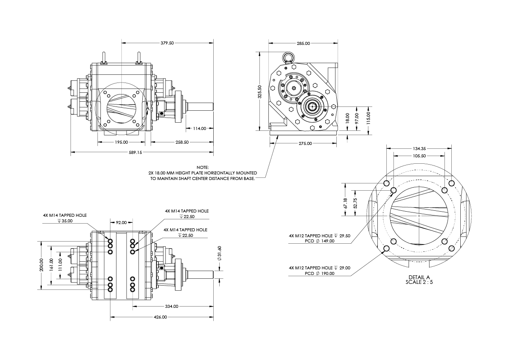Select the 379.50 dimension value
coord(168,43)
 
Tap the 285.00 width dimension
coord(303,43)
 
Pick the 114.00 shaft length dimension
coord(200,128)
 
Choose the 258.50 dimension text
coord(182,142)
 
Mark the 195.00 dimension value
coord(121,142)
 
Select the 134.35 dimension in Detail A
coord(419,148)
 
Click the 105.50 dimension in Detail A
coord(419,156)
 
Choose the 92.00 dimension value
coord(121,222)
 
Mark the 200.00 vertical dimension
coord(41,265)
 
